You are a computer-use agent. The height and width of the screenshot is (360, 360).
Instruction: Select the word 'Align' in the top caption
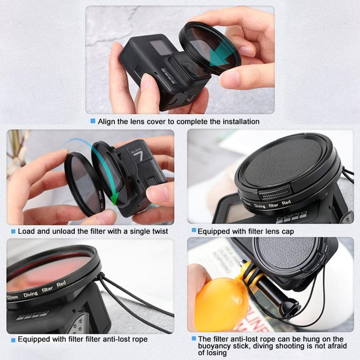[108, 121]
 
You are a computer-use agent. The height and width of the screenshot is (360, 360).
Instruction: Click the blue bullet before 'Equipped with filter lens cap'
[193, 230]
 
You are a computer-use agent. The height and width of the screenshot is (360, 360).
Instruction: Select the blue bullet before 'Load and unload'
[13, 231]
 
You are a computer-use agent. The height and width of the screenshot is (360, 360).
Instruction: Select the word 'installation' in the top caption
[239, 121]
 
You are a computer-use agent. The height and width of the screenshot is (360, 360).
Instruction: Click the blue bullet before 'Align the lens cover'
[92, 121]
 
